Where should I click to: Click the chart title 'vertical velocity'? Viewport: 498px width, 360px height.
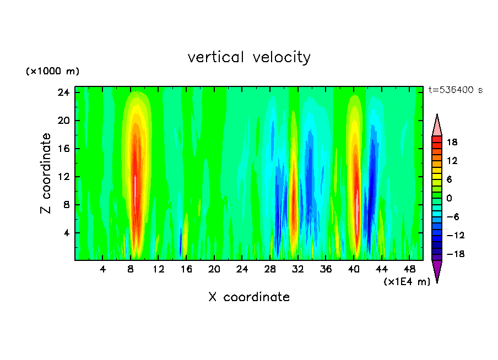[249, 57]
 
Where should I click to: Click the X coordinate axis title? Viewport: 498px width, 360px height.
[249, 297]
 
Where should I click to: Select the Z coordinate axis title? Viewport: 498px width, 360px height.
[46, 173]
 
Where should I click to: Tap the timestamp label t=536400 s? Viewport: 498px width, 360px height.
[455, 90]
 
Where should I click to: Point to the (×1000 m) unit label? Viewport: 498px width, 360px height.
[52, 72]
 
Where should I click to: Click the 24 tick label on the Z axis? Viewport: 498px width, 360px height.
[64, 92]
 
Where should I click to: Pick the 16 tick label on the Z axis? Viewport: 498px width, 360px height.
[64, 149]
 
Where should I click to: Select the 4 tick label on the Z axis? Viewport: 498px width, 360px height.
[67, 233]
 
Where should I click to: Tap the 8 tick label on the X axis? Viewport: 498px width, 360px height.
[131, 269]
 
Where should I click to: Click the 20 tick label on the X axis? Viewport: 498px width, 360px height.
[214, 269]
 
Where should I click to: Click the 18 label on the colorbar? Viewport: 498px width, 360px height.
[451, 142]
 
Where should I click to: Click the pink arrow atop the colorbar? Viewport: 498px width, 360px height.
[437, 125]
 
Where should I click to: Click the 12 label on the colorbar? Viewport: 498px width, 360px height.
[451, 161]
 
